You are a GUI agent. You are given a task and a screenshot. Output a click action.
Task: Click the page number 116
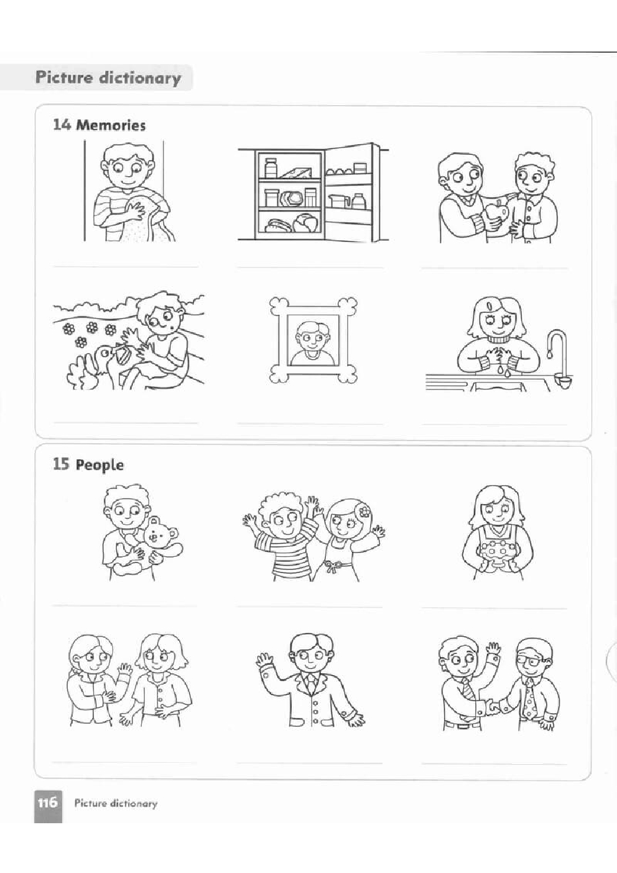pyautogui.click(x=47, y=803)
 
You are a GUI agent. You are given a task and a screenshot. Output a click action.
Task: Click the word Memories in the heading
pyautogui.click(x=111, y=126)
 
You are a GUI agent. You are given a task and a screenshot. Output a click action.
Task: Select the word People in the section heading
pyautogui.click(x=100, y=465)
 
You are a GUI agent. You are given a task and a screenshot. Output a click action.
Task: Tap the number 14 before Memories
pyautogui.click(x=62, y=125)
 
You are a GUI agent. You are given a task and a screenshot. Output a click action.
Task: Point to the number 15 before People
pyautogui.click(x=62, y=464)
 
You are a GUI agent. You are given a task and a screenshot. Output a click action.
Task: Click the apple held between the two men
pyautogui.click(x=494, y=213)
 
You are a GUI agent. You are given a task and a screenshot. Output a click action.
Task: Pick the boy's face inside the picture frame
pyautogui.click(x=311, y=337)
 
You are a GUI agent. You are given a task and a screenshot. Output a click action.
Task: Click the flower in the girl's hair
pyautogui.click(x=364, y=511)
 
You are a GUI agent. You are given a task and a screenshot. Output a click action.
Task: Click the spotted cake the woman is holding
pyautogui.click(x=496, y=553)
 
